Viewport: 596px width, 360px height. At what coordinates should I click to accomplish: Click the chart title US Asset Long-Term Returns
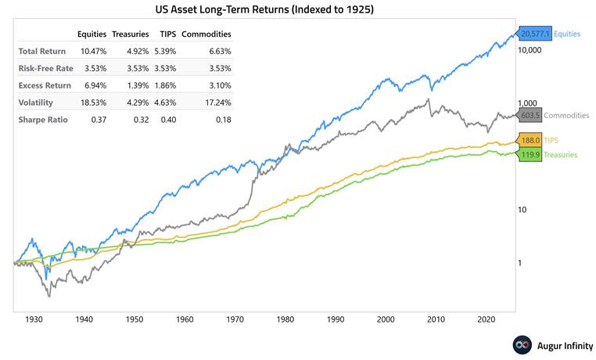297,9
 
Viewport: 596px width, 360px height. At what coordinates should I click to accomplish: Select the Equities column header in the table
92,34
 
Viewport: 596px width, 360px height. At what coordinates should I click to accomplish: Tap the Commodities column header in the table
206,34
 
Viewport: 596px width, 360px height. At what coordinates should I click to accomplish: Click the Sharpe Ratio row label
44,120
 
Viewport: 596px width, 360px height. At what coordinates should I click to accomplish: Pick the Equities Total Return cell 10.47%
94,51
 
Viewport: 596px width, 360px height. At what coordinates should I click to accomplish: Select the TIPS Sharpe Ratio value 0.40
167,120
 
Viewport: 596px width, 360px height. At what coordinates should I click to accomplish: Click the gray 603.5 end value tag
529,115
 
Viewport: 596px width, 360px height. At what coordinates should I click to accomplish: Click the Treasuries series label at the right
561,155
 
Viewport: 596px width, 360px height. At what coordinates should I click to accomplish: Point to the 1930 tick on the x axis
34,320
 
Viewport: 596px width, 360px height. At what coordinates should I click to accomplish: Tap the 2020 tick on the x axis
486,320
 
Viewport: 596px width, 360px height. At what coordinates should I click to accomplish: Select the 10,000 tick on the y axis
531,51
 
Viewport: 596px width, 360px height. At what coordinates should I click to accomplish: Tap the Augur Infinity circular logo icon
522,345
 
